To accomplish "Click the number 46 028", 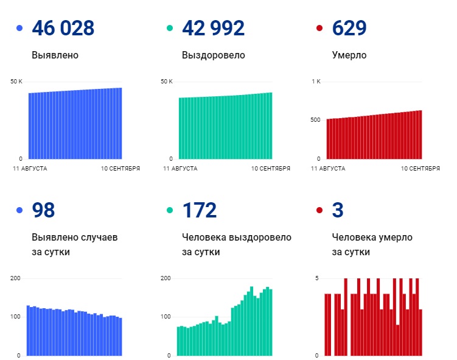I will (63, 28).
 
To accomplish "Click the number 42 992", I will (213, 28).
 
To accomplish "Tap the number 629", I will (349, 28).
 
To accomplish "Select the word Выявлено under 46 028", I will (55, 55).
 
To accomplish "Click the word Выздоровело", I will (214, 55).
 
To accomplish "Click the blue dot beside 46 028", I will (20, 29).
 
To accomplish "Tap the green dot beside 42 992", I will (170, 29).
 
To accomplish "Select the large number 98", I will (43, 210).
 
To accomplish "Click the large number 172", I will (199, 210).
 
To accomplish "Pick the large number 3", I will (338, 210).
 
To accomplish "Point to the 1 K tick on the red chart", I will (315, 82).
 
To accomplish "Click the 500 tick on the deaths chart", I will (315, 120).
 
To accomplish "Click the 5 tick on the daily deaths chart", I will (317, 278).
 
